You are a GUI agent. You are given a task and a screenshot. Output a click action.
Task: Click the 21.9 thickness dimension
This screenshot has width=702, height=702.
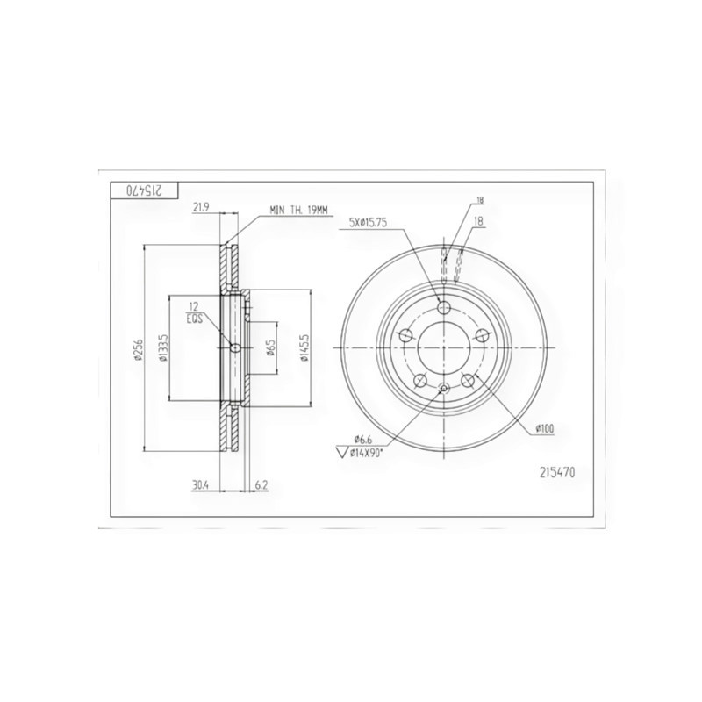click(x=200, y=207)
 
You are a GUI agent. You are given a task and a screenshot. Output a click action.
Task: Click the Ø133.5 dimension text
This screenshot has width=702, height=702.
click(x=163, y=348)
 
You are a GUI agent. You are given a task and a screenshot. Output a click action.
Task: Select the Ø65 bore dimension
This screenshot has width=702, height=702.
click(x=271, y=348)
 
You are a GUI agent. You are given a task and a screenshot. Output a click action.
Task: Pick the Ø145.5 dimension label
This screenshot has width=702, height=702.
click(x=304, y=348)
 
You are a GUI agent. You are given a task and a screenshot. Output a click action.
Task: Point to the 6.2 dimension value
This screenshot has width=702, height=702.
click(x=261, y=484)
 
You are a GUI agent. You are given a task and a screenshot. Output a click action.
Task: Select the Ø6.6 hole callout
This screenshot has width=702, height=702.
click(x=364, y=439)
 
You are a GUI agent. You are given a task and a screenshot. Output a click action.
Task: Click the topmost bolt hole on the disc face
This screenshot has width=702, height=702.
click(x=444, y=307)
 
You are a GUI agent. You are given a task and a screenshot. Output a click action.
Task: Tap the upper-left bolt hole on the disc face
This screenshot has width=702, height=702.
click(x=406, y=334)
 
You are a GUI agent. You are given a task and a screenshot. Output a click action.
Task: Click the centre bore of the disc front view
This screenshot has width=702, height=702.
click(x=444, y=347)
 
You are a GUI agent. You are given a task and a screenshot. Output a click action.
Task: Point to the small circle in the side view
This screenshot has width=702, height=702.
click(x=234, y=348)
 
